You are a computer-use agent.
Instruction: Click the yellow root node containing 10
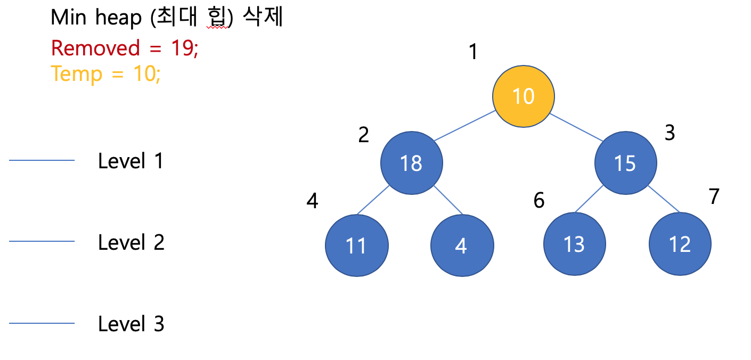click(523, 96)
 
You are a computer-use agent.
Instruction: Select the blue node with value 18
click(411, 163)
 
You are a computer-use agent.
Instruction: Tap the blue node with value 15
click(625, 163)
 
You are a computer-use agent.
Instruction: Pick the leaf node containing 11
click(356, 245)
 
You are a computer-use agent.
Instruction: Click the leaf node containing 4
click(461, 245)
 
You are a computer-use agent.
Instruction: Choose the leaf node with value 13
click(574, 245)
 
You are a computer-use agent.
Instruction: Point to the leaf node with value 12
click(680, 245)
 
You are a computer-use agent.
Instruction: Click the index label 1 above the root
click(472, 52)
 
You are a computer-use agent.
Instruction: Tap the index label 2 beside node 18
click(363, 135)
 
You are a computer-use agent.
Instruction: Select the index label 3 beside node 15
click(670, 133)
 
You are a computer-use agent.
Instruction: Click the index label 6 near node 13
click(539, 201)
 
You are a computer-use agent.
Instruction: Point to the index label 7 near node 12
click(714, 197)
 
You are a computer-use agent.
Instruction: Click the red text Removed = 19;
click(125, 48)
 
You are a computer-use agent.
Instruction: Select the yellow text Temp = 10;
click(106, 73)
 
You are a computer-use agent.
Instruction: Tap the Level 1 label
click(130, 161)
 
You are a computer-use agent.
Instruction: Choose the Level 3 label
click(130, 324)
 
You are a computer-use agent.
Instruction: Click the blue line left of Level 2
click(42, 242)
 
